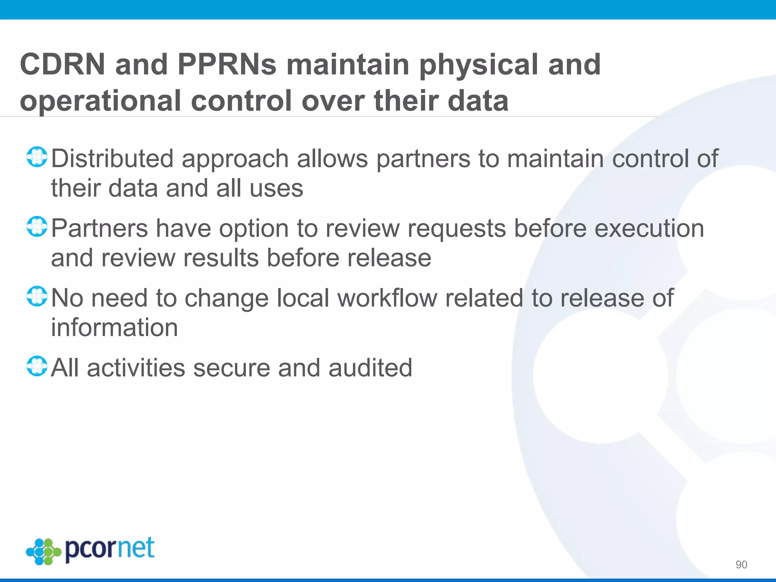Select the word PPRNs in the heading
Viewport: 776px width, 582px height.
[x=227, y=64]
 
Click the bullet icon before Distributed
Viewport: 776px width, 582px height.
[x=37, y=157]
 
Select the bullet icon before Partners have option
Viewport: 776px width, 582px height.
[x=37, y=227]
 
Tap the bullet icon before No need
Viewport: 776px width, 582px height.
[x=37, y=297]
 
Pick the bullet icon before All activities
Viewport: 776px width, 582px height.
[x=37, y=366]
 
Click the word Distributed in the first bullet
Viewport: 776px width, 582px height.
[x=112, y=158]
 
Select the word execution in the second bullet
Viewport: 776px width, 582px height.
[x=649, y=228]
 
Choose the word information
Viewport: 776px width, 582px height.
[x=114, y=327]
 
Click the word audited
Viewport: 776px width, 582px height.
[x=370, y=368]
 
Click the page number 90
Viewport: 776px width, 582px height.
[x=741, y=565]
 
